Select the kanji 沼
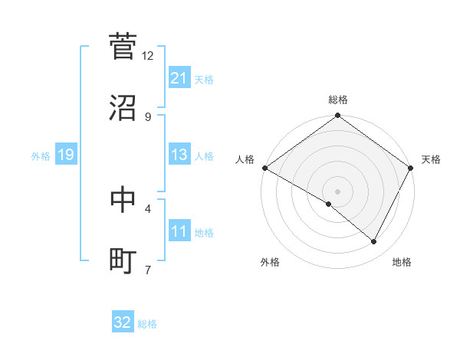123,108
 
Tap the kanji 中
123,199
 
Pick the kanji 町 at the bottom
123,260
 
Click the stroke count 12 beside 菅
148,56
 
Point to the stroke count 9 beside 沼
148,117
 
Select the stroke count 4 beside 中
148,208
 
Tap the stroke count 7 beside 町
148,270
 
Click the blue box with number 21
179,78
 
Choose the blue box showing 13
179,155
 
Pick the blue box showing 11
179,231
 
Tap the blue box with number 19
65,155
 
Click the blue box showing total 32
123,322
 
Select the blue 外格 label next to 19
41,155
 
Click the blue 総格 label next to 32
147,323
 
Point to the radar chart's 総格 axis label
337,100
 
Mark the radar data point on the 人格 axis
264,168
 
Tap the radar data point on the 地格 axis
374,241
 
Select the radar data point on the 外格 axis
329,204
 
